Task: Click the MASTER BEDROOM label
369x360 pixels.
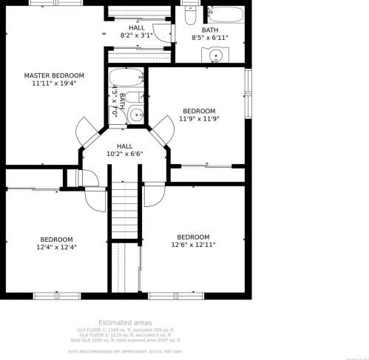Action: pos(53,75)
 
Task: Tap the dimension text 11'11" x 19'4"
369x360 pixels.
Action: pos(53,84)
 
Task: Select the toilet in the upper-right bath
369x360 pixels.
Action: pos(190,16)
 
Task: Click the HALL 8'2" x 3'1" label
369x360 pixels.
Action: pos(137,31)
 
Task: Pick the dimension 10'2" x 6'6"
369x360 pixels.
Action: pos(124,154)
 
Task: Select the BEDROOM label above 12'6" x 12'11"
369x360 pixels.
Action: pos(193,237)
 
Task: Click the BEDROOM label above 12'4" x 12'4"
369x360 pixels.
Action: pos(56,239)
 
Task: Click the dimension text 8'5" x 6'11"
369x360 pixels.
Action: pos(209,38)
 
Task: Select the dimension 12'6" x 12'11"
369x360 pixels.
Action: pos(193,245)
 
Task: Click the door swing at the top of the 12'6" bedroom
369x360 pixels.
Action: pos(154,194)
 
